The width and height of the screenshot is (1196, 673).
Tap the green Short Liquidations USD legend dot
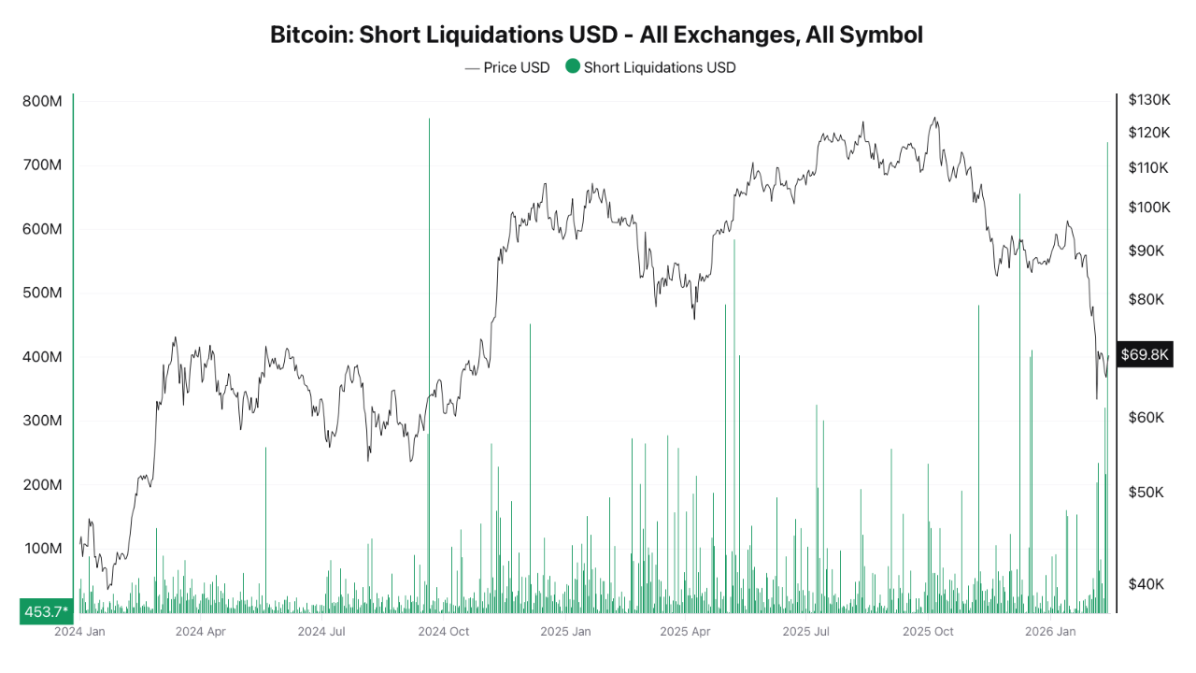pos(573,66)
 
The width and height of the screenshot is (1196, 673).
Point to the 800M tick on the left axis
pos(42,101)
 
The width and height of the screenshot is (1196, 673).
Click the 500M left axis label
pos(42,293)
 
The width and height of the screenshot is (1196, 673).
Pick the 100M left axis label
pos(42,548)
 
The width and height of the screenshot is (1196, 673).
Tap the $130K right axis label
pos(1149,99)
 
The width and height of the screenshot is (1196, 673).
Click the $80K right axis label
pos(1146,299)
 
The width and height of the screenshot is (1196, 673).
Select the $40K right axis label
pos(1146,584)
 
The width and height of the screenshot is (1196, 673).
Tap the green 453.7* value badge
pos(46,611)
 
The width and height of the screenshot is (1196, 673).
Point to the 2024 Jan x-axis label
pos(79,631)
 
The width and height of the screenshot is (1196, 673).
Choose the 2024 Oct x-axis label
pos(444,631)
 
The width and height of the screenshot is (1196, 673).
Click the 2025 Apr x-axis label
pos(685,631)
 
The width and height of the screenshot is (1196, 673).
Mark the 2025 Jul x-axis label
pos(807,631)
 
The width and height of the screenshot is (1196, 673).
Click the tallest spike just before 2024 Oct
pos(429,121)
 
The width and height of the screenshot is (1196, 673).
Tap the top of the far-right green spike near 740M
pos(1107,143)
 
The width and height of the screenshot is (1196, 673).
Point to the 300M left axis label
pos(42,421)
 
